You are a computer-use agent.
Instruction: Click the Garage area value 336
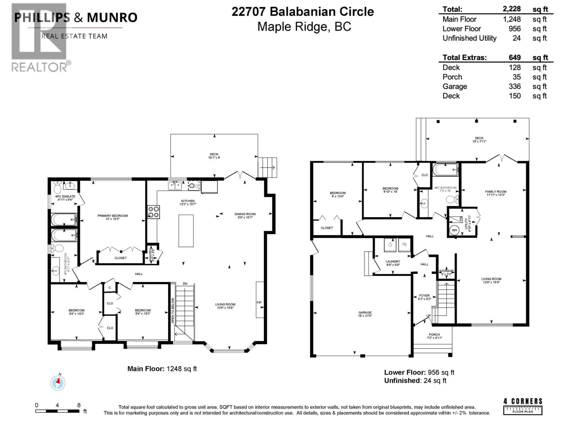(515, 87)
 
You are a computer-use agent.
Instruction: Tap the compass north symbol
(58, 382)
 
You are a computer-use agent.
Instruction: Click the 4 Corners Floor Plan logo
(523, 406)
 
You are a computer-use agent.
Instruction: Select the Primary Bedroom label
(113, 216)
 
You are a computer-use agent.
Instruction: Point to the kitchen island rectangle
(186, 230)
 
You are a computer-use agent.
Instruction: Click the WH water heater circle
(454, 230)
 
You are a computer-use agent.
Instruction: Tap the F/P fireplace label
(259, 302)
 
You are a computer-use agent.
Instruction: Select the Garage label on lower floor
(365, 312)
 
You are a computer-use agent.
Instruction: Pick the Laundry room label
(393, 261)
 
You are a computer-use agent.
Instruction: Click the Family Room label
(495, 192)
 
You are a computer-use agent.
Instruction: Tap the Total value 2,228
(512, 10)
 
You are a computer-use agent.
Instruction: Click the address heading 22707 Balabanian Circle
(303, 12)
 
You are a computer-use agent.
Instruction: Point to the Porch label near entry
(434, 335)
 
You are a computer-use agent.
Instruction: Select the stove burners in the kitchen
(153, 211)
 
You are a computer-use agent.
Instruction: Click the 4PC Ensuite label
(65, 196)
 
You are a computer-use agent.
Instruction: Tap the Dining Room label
(245, 214)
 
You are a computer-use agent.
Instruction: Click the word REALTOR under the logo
(39, 67)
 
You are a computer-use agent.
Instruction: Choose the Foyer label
(424, 295)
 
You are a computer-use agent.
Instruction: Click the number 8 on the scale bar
(79, 405)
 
